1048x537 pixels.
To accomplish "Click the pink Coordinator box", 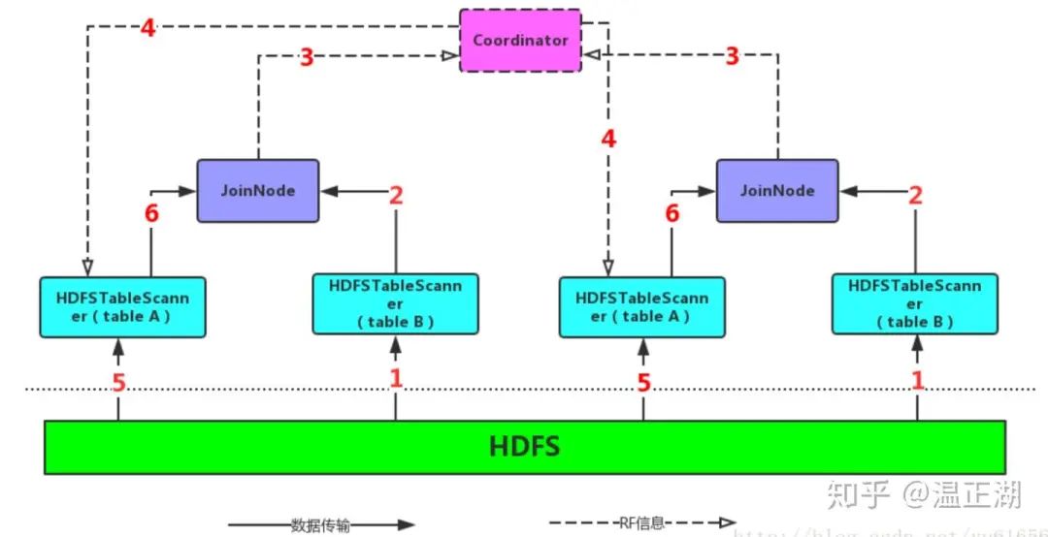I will [x=520, y=40].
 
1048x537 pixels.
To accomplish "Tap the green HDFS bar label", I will [x=525, y=447].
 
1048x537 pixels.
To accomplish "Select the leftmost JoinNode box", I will [x=257, y=190].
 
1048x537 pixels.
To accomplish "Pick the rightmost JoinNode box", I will [x=777, y=190].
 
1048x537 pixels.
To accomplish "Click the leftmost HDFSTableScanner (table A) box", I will [x=122, y=306].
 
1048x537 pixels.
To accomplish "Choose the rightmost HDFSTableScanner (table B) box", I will [x=915, y=302].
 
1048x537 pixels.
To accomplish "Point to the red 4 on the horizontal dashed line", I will [x=147, y=28].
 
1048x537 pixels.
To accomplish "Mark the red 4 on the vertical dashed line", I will [x=608, y=139].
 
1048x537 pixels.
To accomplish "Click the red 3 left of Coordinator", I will [x=306, y=57].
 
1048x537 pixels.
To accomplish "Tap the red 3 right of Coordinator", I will [x=733, y=56].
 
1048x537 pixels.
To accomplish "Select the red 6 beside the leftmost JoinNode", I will [x=151, y=214].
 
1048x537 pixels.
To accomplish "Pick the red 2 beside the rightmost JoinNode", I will [x=913, y=195].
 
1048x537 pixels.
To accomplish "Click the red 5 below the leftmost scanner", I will [x=118, y=383].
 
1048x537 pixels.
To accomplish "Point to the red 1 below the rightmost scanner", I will [x=917, y=380].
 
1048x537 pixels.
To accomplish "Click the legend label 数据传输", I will [x=319, y=525].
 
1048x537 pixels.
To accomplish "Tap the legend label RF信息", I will [x=641, y=523].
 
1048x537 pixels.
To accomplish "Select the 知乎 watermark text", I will [x=858, y=496].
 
